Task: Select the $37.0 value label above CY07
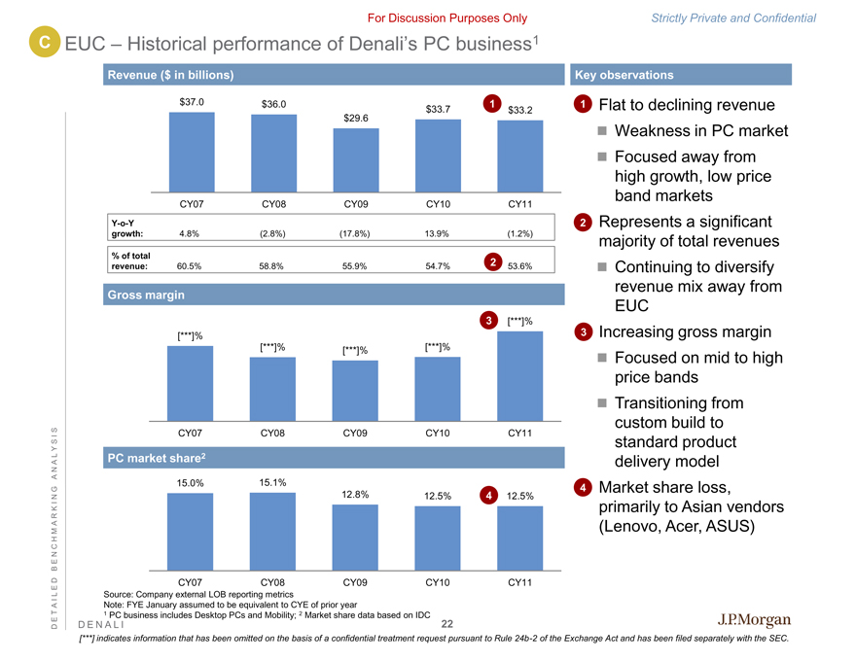click(x=192, y=100)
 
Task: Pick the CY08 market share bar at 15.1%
click(x=273, y=531)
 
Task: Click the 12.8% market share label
click(x=355, y=495)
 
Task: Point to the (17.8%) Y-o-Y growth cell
click(x=355, y=233)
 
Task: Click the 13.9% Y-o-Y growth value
click(x=437, y=233)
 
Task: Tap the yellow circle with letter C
click(x=44, y=41)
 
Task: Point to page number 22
click(x=447, y=624)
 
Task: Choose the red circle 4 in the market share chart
click(x=487, y=496)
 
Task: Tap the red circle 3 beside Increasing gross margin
click(x=581, y=332)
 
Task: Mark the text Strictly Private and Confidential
click(x=747, y=17)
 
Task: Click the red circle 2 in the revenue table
click(x=493, y=262)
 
